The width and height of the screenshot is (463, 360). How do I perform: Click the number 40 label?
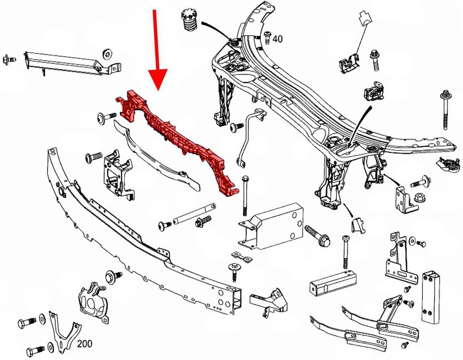click(278, 39)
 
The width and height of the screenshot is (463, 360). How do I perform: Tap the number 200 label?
click(85, 344)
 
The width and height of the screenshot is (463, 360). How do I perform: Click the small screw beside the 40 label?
click(267, 37)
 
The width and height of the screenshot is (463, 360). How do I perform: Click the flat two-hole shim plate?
click(243, 258)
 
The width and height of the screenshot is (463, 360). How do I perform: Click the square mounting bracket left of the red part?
click(117, 175)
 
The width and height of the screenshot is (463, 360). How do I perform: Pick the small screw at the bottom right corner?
click(404, 345)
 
